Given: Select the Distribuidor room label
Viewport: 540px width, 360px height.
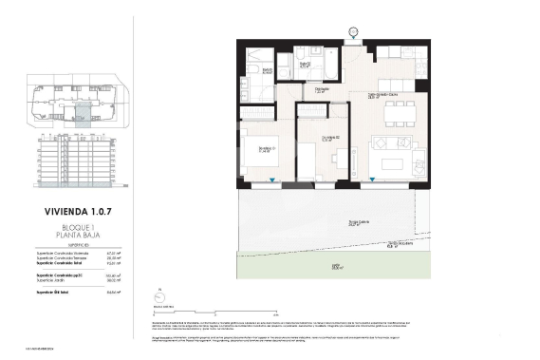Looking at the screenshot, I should coord(323,91).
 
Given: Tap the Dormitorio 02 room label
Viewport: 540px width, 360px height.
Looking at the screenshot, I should coord(326,138).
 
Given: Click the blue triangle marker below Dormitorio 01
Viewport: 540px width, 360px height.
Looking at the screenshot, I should coord(271,180).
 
